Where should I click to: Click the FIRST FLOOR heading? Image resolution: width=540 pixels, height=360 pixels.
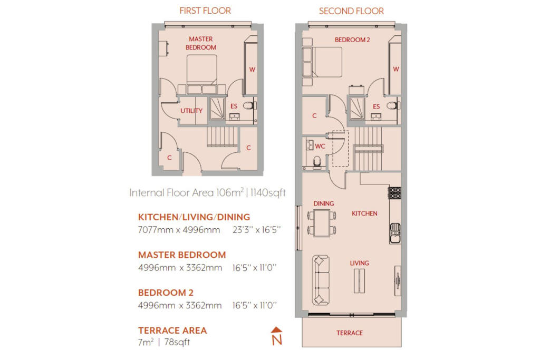[205, 11]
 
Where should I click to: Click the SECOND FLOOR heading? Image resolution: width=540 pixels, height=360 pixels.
[351, 11]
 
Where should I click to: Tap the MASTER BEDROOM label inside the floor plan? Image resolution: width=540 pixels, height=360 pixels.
[201, 43]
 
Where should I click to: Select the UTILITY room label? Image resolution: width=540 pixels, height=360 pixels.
[191, 111]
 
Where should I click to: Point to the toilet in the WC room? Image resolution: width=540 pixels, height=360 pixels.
[317, 162]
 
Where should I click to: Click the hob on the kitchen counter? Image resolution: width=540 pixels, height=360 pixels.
[394, 193]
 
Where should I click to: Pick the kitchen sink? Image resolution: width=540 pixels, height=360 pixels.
[395, 233]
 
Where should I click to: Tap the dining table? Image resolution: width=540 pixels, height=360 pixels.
[322, 223]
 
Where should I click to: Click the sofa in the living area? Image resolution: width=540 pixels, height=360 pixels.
[321, 280]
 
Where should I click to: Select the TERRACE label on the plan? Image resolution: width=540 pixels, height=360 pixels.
[350, 333]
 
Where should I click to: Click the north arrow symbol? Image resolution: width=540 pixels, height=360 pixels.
[276, 336]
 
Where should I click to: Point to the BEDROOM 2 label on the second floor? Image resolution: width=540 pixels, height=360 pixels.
[352, 40]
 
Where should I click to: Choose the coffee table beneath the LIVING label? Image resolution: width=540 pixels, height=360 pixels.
[359, 281]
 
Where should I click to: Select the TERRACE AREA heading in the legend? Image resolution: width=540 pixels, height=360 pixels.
[172, 330]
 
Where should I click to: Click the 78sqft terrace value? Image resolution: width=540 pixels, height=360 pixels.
[177, 342]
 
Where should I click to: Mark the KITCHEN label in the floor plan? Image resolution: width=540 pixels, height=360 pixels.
[364, 213]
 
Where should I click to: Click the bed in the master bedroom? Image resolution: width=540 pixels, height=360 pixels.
[202, 74]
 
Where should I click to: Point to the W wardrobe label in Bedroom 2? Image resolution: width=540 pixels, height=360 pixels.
[396, 69]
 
